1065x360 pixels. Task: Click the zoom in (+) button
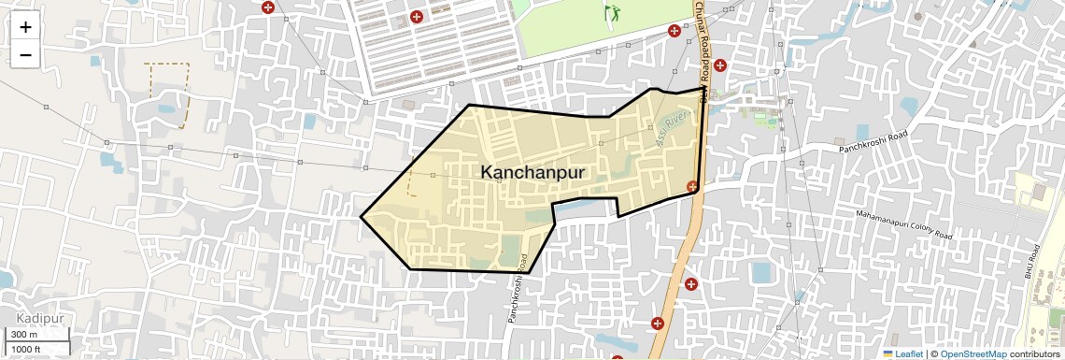pyautogui.click(x=25, y=27)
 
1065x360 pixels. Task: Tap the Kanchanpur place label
pyautogui.click(x=532, y=173)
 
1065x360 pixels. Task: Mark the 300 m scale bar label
pyautogui.click(x=25, y=335)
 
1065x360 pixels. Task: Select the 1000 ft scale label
pyautogui.click(x=26, y=349)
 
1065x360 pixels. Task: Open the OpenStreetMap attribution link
pyautogui.click(x=973, y=354)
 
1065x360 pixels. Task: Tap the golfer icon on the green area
pyautogui.click(x=613, y=13)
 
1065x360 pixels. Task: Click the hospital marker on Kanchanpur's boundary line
pyautogui.click(x=693, y=186)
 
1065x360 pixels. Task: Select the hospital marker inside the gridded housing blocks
pyautogui.click(x=417, y=16)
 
